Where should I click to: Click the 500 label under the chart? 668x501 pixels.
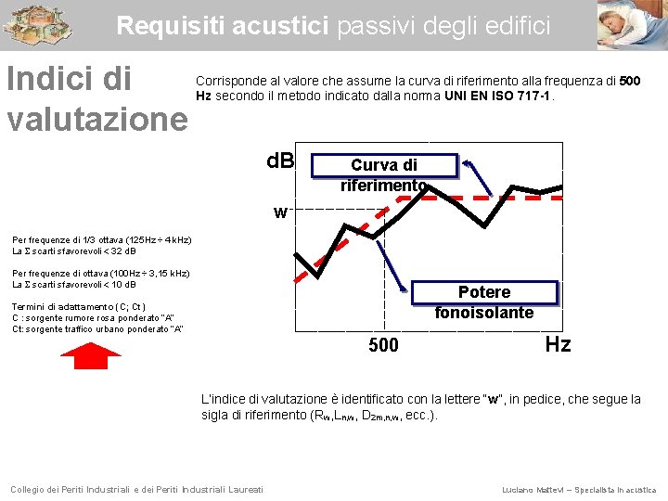click(x=383, y=346)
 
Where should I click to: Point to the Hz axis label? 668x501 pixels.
click(x=558, y=345)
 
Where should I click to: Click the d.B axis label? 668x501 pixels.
click(x=280, y=161)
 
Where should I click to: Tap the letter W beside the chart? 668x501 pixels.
click(x=279, y=213)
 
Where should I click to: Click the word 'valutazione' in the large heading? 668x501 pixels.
click(x=97, y=119)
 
